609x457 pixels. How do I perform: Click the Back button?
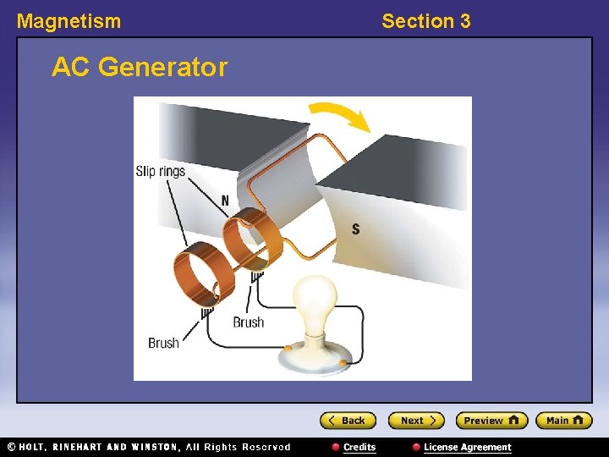[x=347, y=421]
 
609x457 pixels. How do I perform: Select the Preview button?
[x=491, y=421]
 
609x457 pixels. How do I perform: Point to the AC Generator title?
[x=140, y=67]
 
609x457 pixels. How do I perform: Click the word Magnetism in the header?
[x=69, y=21]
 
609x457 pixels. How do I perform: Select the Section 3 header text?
[x=425, y=21]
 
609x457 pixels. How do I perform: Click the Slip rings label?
[x=160, y=172]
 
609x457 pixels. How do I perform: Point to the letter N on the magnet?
[x=225, y=201]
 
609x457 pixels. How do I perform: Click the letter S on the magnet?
[x=355, y=228]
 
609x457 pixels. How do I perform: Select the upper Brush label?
[x=249, y=322]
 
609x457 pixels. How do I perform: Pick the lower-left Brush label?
[x=163, y=343]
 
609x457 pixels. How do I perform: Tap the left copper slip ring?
[x=200, y=272]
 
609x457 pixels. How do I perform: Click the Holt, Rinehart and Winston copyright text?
[x=148, y=447]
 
